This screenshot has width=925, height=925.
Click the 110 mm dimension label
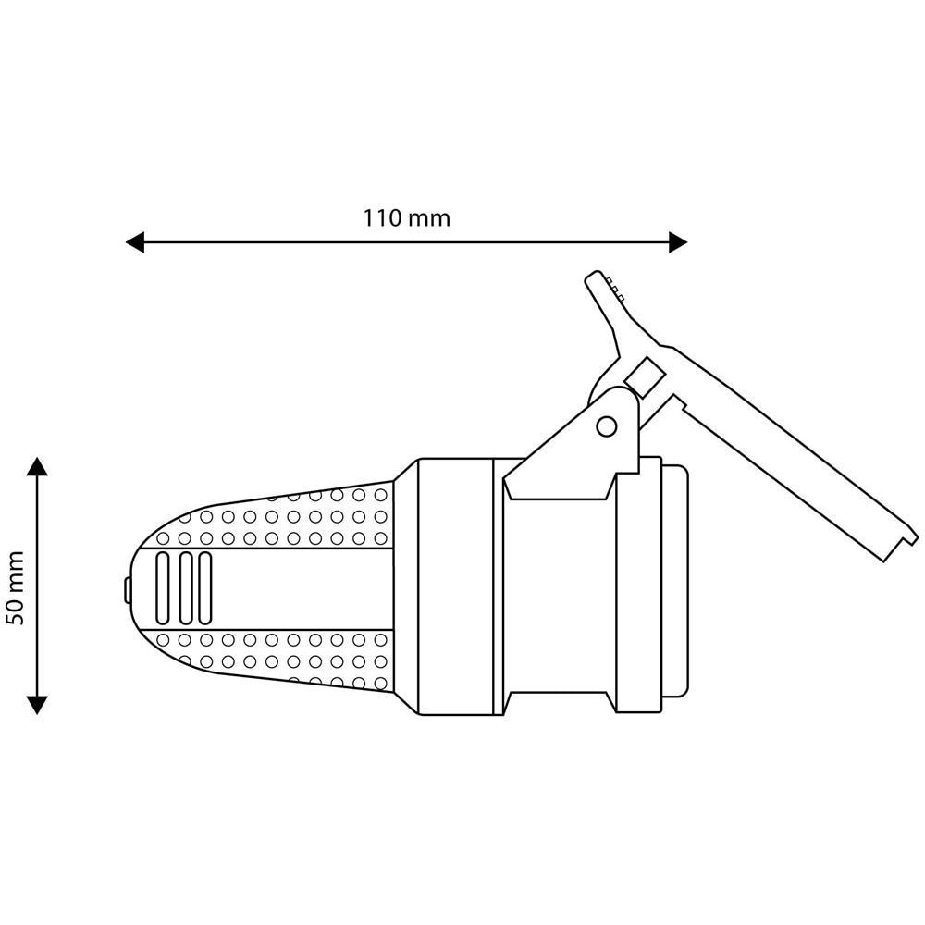(406, 218)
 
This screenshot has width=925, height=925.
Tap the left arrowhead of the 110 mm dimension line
(136, 242)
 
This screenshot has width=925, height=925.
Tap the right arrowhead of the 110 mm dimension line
(677, 242)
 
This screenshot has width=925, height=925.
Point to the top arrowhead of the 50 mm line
(37, 465)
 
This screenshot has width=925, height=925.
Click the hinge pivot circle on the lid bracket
(606, 425)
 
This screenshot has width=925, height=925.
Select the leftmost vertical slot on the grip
(163, 587)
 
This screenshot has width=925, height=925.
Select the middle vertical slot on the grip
(184, 587)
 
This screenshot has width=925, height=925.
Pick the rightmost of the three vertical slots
(205, 587)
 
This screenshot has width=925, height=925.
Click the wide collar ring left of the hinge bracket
(453, 586)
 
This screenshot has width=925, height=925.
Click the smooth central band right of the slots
(305, 587)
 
